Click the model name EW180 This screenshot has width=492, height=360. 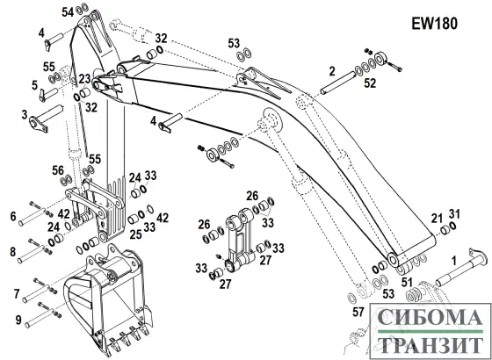pos(434,24)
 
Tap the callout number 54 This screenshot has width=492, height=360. pos(68,12)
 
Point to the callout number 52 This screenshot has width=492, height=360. pos(370,83)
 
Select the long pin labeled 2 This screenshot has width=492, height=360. pos(337,83)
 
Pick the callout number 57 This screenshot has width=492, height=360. pos(358,312)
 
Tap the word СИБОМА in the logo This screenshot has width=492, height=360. pos(430,317)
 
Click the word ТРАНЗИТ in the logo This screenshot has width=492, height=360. pos(430,344)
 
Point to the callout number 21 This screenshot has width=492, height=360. pos(436,219)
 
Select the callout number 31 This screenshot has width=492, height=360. pos(454,214)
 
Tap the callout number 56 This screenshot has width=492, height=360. pos(58,171)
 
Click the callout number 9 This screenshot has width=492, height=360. pos(18,320)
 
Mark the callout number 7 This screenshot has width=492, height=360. pos(17,294)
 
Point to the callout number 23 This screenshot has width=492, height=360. pos(84,79)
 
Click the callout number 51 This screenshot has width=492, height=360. pos(408,282)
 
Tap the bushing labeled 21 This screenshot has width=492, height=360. pos(445,230)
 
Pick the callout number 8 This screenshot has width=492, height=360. pos(13,252)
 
